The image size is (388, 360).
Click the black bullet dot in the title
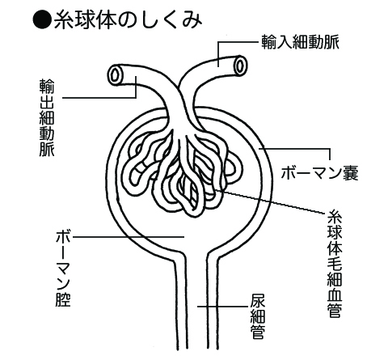(x=42, y=20)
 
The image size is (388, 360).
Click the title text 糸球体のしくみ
(x=128, y=20)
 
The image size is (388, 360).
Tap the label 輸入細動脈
(x=300, y=42)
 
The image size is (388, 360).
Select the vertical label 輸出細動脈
(x=47, y=117)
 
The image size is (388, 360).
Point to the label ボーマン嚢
(x=319, y=172)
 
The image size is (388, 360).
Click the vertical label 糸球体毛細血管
(x=335, y=264)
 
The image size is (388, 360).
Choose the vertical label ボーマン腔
(x=63, y=269)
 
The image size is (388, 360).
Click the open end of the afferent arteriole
(x=240, y=65)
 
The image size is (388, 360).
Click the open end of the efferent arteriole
(x=116, y=74)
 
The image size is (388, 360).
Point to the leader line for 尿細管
(x=222, y=307)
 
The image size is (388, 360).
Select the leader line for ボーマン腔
(x=129, y=237)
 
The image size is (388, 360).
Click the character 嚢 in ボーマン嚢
(x=351, y=172)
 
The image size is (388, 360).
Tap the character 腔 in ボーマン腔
(x=63, y=299)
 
